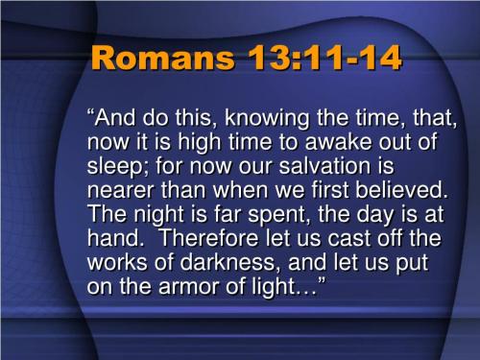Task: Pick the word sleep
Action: click(x=114, y=166)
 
